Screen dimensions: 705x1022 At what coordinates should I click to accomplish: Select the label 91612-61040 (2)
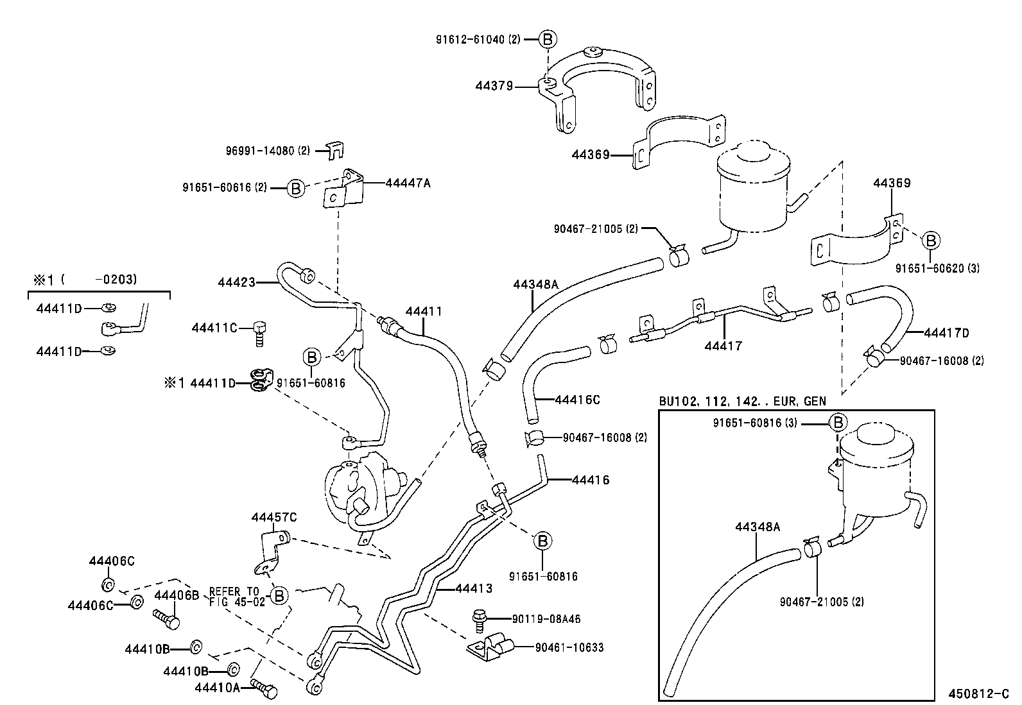[x=478, y=39]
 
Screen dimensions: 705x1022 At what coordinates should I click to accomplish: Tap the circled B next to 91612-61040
[x=548, y=39]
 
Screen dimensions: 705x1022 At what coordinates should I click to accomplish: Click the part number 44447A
[x=408, y=183]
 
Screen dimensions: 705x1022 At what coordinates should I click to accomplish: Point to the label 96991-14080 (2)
[x=268, y=151]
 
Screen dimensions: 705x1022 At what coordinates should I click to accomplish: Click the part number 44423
[x=236, y=282]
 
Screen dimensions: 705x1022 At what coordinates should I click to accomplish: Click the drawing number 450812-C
[x=979, y=693]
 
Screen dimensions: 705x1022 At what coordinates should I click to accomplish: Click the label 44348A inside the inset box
[x=758, y=527]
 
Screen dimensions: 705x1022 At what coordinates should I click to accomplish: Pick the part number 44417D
[x=946, y=333]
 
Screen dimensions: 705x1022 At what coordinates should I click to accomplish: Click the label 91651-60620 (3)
[x=937, y=268]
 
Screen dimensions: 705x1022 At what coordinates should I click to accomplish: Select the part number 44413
[x=474, y=588]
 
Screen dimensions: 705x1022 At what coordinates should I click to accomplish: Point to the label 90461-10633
[x=569, y=647]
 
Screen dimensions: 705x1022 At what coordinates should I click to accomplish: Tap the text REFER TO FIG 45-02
[x=234, y=597]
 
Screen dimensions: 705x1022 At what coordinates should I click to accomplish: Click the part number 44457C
[x=274, y=517]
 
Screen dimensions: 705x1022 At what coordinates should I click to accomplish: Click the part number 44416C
[x=577, y=400]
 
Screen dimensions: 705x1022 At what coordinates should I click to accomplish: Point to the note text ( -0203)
[x=100, y=280]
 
